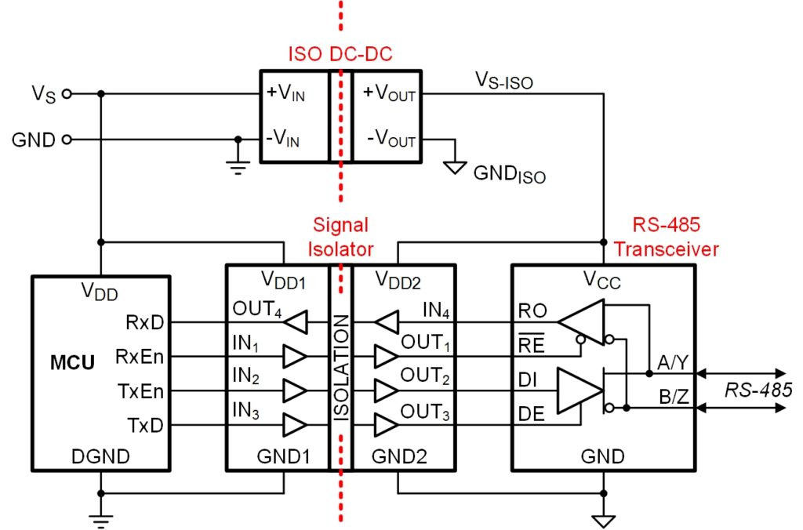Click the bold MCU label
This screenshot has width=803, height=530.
[72, 362]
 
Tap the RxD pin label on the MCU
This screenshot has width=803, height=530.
[145, 322]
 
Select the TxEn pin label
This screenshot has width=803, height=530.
[140, 391]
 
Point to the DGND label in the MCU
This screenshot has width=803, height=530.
[101, 456]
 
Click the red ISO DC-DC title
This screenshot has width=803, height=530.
[340, 54]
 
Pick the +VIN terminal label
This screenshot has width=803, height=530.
[285, 93]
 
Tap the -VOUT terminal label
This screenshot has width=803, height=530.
[391, 139]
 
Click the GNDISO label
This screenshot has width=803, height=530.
[510, 174]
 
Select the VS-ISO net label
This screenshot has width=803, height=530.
[504, 81]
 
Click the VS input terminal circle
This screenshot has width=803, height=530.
[67, 94]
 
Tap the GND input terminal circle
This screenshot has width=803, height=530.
[67, 140]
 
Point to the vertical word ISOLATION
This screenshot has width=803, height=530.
[341, 368]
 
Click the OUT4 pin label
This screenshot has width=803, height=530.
[257, 309]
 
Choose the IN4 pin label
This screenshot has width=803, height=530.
[436, 310]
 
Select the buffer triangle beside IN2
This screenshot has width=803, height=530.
[295, 390]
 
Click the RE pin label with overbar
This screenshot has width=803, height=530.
[531, 344]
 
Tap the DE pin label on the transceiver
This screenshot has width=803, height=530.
[531, 414]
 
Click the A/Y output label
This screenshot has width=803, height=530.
[673, 362]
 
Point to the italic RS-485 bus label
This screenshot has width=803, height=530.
[758, 390]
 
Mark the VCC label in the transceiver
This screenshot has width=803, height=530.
[601, 280]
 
